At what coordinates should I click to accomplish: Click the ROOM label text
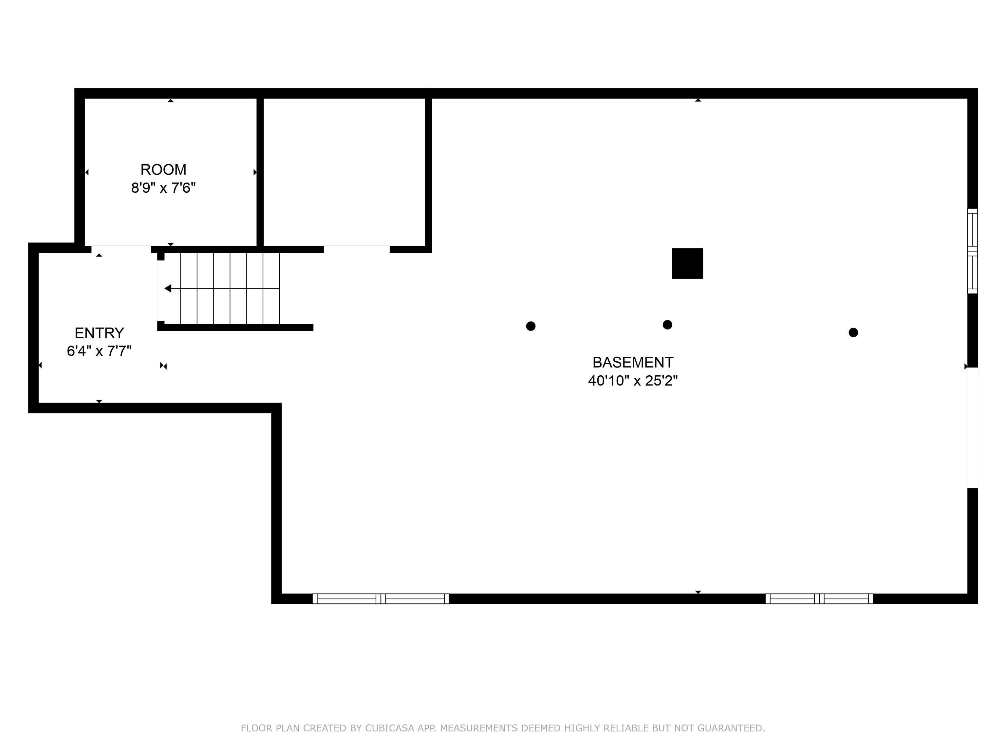click(163, 170)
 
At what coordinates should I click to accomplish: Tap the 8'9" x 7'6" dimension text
click(163, 188)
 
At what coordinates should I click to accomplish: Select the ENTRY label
click(99, 333)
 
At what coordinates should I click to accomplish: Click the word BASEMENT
click(633, 362)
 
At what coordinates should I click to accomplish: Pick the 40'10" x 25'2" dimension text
click(633, 380)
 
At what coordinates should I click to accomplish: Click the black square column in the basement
click(687, 263)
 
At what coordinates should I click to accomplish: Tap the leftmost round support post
click(530, 326)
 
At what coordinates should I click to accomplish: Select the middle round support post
click(667, 325)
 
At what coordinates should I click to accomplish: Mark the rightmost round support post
click(853, 332)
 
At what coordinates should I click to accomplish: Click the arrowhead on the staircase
click(168, 288)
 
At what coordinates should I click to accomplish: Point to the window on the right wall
click(972, 251)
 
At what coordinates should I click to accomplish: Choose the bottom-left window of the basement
click(381, 599)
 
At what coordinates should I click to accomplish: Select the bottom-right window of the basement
click(819, 599)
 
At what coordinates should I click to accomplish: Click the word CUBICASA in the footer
click(389, 728)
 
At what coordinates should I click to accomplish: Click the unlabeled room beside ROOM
click(344, 172)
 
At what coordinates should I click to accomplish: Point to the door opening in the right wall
click(972, 427)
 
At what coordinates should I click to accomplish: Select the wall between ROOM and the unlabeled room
click(260, 172)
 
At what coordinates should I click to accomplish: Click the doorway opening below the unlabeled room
click(357, 249)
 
